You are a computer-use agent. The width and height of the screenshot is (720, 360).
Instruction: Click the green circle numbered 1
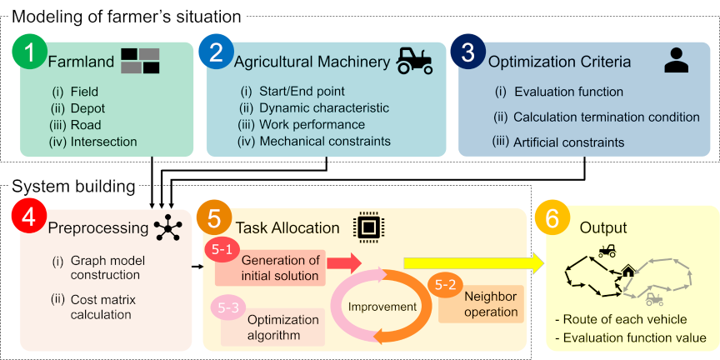(29, 53)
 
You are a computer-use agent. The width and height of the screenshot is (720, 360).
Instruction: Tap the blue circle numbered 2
(215, 53)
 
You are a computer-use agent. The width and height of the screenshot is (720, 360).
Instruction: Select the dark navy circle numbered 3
(467, 52)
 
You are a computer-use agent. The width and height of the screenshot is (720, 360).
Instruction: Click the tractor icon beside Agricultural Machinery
(413, 59)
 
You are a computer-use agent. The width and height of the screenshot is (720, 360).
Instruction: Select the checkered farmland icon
(140, 60)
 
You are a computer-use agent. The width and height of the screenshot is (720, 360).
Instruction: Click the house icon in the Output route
(627, 271)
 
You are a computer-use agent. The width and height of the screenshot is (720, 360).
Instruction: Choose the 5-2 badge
(445, 285)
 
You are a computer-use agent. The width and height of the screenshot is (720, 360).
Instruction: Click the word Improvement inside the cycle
(382, 307)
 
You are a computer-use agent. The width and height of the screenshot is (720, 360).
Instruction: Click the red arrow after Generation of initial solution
(343, 262)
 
